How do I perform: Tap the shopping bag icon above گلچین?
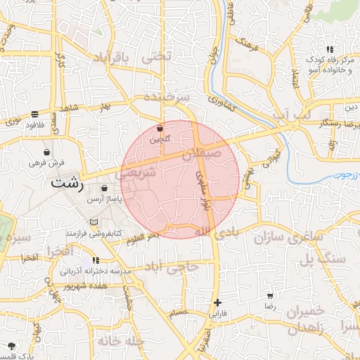[x=160, y=129]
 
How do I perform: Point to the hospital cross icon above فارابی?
[x=217, y=303]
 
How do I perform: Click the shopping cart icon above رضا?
[x=269, y=297]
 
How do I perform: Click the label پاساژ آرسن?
[x=104, y=200]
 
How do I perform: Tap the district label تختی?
[x=157, y=59]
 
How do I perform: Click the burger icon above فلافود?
[x=34, y=114]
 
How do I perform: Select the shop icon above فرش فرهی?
[x=46, y=152]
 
